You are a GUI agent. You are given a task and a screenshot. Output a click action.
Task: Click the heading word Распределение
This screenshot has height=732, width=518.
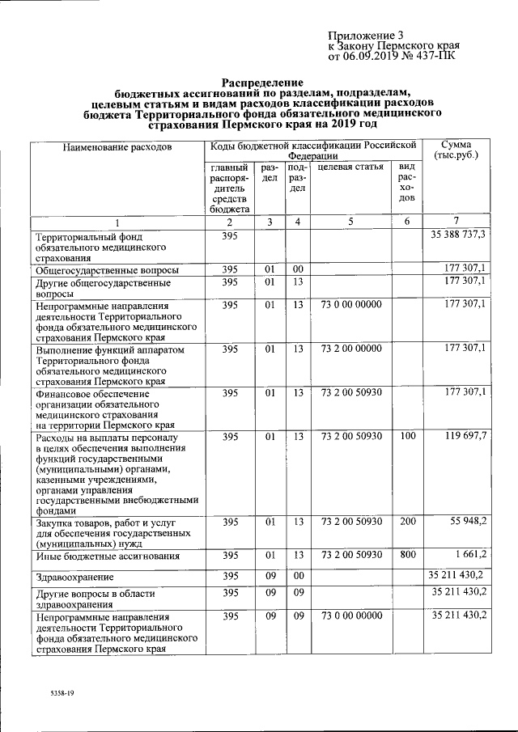[262, 83]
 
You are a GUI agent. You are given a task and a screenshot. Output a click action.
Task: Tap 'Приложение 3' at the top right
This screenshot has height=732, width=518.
[365, 36]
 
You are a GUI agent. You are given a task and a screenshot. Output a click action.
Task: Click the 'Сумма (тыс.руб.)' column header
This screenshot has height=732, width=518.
[456, 149]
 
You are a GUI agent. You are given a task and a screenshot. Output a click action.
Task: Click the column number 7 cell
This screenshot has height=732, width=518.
[456, 222]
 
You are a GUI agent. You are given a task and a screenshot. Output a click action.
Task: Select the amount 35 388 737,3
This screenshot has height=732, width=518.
[456, 235]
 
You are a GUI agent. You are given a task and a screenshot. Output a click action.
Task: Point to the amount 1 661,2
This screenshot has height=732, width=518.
[468, 554]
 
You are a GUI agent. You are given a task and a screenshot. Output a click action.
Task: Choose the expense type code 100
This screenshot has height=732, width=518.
[407, 438]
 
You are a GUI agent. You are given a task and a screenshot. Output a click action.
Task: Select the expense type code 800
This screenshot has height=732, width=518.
[407, 555]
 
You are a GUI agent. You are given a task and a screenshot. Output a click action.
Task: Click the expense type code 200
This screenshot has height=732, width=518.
[407, 523]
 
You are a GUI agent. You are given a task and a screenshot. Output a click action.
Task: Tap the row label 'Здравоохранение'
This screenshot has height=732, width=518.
[73, 577]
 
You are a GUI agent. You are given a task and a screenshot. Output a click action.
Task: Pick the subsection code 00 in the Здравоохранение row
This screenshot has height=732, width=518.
[298, 575]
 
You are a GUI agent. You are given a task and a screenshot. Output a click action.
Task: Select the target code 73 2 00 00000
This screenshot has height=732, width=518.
[350, 349]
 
